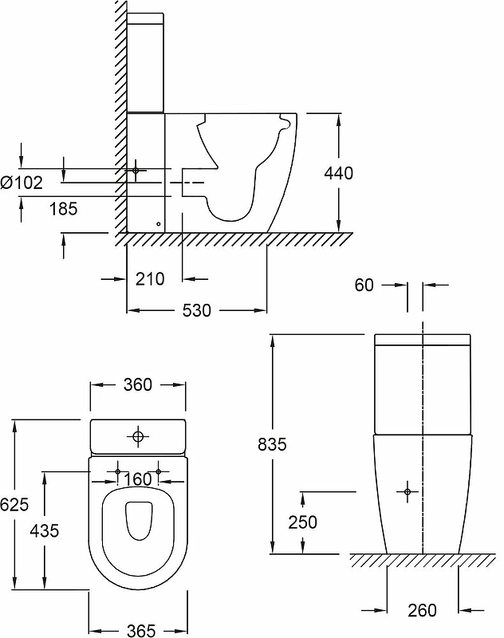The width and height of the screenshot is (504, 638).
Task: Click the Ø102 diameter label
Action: (22, 182)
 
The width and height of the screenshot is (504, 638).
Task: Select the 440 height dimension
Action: (339, 172)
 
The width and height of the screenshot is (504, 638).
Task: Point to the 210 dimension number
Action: (149, 279)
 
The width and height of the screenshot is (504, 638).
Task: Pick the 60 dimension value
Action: (364, 286)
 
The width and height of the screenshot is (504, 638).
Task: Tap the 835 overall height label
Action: (274, 444)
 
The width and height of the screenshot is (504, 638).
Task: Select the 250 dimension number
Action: (301, 522)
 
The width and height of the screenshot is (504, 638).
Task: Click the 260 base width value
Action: (422, 611)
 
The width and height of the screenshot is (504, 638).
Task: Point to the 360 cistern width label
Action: (138, 384)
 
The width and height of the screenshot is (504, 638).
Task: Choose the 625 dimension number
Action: (15, 504)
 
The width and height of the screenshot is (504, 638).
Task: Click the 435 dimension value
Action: (44, 530)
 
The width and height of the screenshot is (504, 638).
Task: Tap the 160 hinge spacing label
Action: (138, 479)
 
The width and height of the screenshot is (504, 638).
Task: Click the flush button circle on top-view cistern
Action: (138, 436)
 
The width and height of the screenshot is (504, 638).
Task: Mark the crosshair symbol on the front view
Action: (408, 491)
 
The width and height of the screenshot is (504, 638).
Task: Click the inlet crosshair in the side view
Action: (136, 170)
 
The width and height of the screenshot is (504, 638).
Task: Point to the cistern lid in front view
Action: (420, 341)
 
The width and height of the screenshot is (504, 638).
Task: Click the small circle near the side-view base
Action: (158, 224)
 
